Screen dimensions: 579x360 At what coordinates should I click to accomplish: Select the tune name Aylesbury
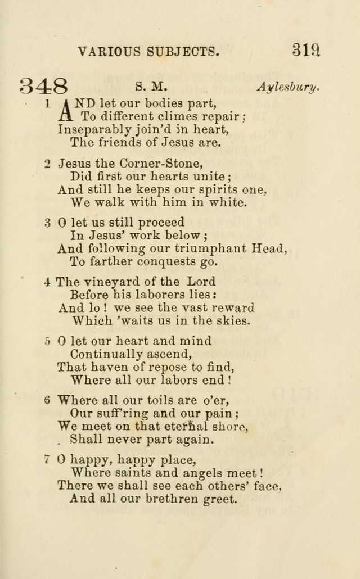click(289, 87)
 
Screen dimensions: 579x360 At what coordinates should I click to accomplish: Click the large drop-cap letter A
click(66, 110)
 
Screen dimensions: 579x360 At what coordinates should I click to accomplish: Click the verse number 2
click(48, 164)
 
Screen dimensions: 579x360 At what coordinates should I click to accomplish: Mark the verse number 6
click(48, 400)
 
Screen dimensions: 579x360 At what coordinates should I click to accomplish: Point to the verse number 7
click(48, 459)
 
